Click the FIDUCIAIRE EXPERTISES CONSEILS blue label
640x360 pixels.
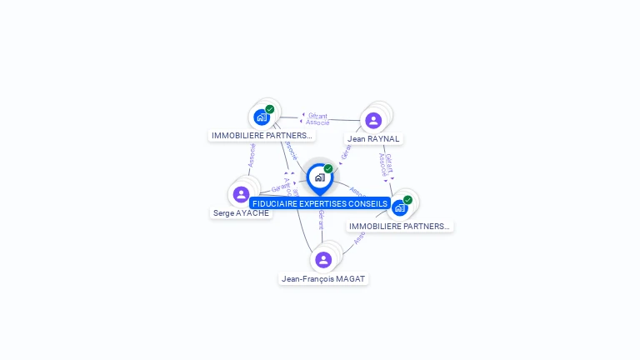click(319, 203)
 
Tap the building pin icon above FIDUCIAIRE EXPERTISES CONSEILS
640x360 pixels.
click(319, 177)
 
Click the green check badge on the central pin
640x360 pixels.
click(328, 169)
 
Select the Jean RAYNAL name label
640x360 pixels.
click(373, 138)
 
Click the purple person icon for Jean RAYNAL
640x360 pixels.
click(373, 120)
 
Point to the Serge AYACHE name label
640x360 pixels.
click(241, 212)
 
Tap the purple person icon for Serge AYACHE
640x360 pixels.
click(241, 194)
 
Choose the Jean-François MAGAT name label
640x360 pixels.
click(323, 278)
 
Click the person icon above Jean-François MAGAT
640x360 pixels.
click(323, 260)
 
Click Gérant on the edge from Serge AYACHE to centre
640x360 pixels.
click(281, 187)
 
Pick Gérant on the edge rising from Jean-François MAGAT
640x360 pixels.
click(321, 220)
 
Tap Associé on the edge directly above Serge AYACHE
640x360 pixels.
click(251, 154)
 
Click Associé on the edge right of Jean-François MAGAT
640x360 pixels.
click(360, 237)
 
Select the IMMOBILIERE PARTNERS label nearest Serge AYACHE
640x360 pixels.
click(262, 135)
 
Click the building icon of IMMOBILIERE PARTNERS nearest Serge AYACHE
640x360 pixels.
click(261, 117)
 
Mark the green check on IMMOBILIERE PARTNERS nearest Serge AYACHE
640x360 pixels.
click(270, 109)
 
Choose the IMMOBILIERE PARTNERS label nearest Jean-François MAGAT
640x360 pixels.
click(399, 226)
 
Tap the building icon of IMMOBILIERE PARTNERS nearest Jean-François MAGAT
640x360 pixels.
click(399, 207)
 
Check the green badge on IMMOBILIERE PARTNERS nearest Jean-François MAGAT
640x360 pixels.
click(407, 199)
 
